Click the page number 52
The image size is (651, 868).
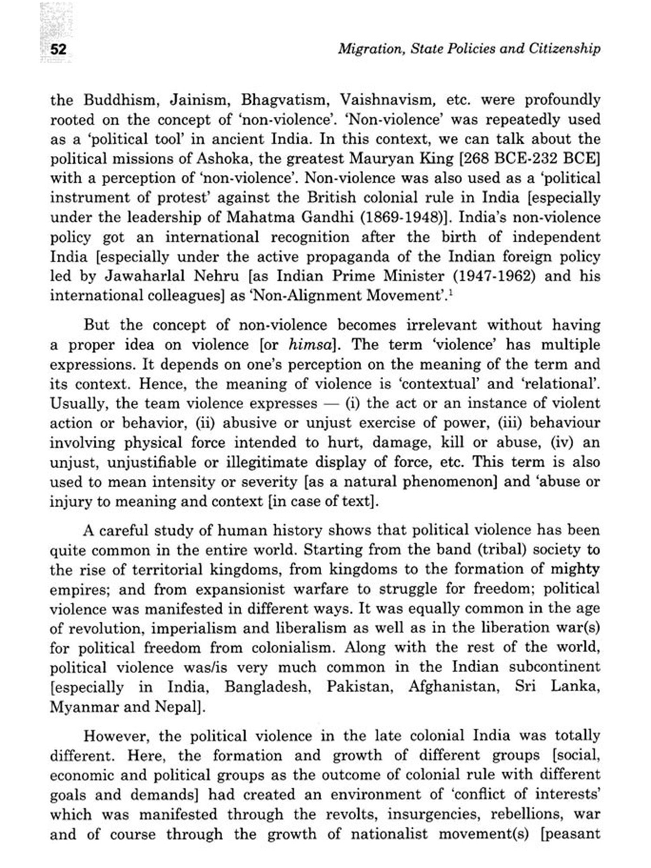pos(59,49)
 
